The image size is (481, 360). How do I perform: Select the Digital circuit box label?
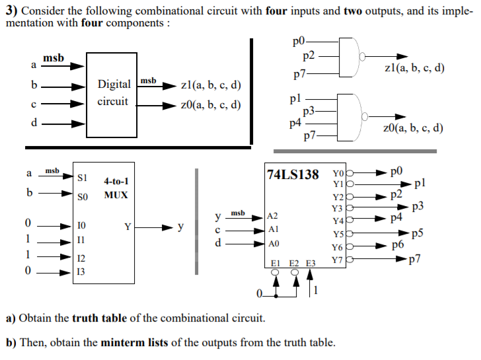[x=114, y=93]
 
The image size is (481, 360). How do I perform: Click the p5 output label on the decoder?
[x=417, y=233]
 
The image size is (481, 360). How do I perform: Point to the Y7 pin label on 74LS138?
[x=338, y=260]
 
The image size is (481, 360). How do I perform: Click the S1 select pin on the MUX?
[x=83, y=177]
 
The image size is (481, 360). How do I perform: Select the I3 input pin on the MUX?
[x=81, y=271]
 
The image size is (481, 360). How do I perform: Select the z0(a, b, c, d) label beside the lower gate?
[x=413, y=128]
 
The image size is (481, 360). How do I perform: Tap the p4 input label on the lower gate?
[x=295, y=122]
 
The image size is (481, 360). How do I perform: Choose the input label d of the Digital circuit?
[x=34, y=122]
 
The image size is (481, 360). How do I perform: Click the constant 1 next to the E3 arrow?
[x=315, y=290]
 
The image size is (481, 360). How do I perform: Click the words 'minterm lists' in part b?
[x=135, y=343]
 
